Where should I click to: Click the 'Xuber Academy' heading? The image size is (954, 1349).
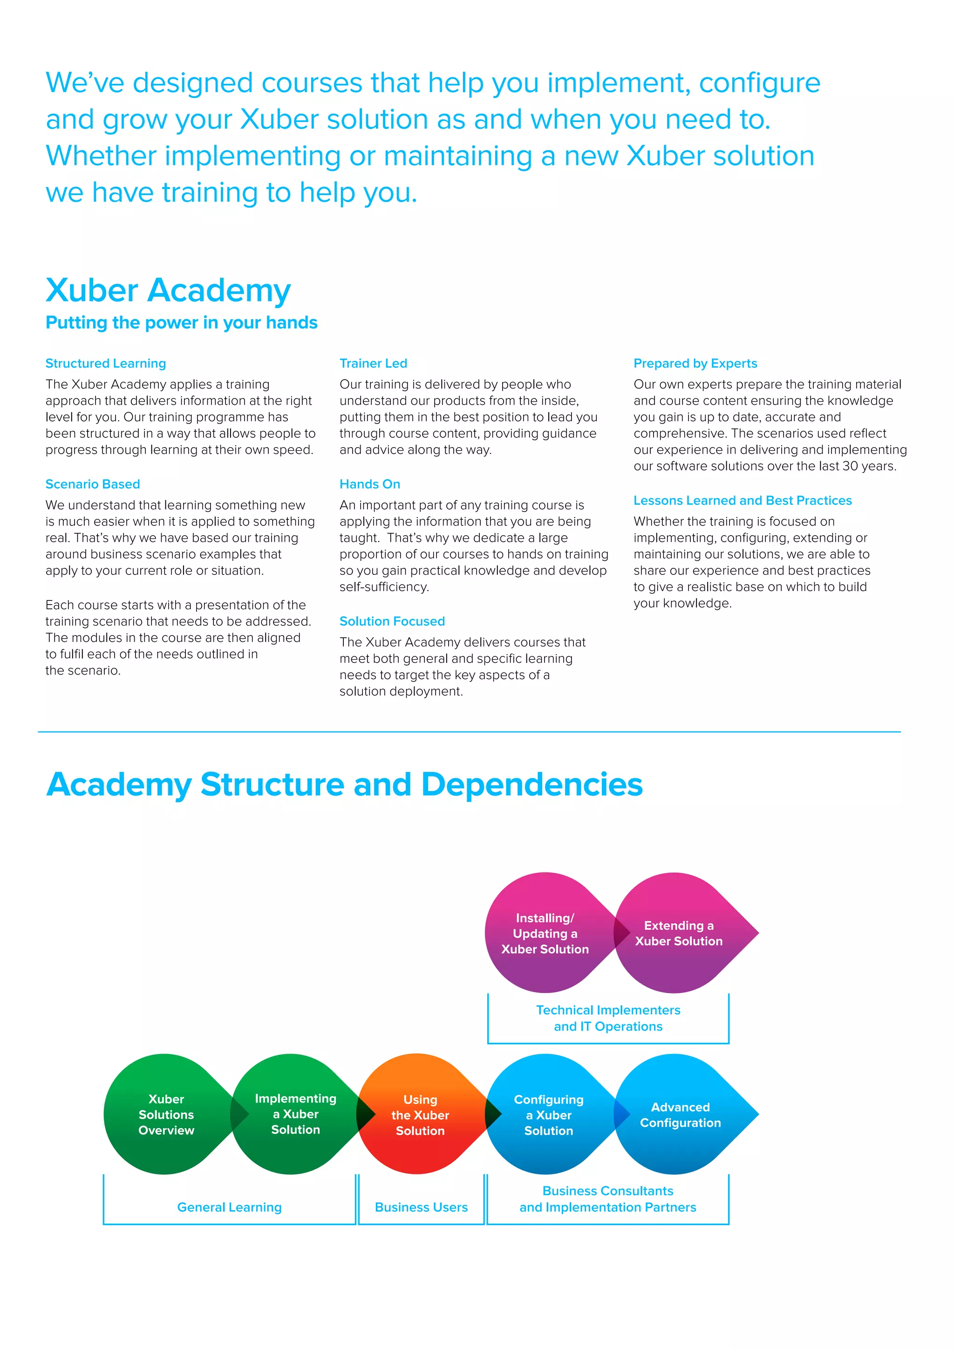tap(168, 290)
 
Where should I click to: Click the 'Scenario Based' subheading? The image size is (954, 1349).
tap(93, 484)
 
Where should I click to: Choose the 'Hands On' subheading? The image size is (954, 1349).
tap(369, 484)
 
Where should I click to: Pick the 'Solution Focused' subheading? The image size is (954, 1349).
tap(392, 621)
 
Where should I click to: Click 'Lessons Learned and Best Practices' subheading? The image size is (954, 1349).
tap(743, 501)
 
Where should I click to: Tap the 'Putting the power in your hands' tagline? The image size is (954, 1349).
tap(182, 322)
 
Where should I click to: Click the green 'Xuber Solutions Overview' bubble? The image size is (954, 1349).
tap(166, 1115)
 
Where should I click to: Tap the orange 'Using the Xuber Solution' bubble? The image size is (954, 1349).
tap(420, 1115)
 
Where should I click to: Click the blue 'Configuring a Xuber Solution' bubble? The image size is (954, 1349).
tap(549, 1115)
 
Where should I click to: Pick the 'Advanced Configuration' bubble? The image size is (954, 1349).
tap(680, 1115)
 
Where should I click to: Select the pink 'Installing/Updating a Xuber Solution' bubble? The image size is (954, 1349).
tap(545, 933)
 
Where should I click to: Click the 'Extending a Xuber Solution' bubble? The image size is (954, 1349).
tap(679, 933)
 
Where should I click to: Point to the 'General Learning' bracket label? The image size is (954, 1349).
tap(229, 1207)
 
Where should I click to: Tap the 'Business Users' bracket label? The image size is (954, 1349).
tap(421, 1207)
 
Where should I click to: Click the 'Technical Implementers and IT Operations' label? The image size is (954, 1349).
tap(608, 1018)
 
